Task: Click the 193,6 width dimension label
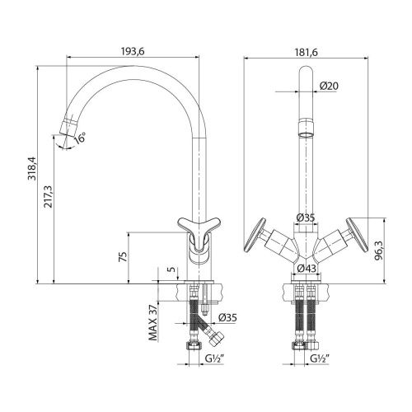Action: (x=133, y=51)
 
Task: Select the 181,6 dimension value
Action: (x=307, y=52)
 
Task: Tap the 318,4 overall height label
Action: (x=32, y=168)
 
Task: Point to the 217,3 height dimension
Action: (x=48, y=196)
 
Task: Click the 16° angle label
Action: (x=80, y=138)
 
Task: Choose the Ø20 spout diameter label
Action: (x=329, y=87)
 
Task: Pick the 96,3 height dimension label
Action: (x=379, y=252)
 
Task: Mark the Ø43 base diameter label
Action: (x=307, y=269)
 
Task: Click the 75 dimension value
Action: (x=123, y=256)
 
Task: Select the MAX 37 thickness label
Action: (x=153, y=323)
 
